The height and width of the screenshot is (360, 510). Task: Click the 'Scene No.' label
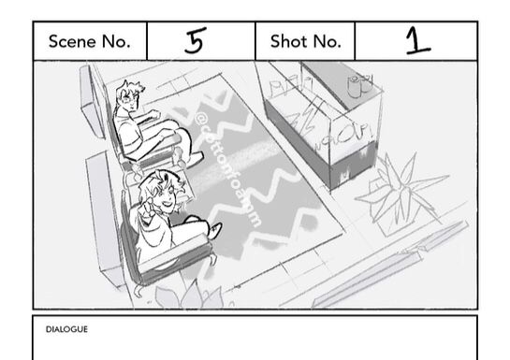point(90,41)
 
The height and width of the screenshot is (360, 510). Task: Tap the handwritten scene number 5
point(196,40)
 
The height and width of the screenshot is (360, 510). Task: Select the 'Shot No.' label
point(306,41)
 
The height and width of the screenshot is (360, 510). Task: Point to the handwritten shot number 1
point(417,40)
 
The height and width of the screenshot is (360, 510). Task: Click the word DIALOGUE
point(66,329)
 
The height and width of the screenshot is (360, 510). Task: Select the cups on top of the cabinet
point(359,85)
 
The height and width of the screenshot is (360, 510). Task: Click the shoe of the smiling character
point(215,230)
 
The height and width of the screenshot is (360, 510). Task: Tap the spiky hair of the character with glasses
point(130,87)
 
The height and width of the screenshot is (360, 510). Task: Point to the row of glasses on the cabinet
point(287,85)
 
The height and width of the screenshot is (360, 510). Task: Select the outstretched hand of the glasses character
point(154,114)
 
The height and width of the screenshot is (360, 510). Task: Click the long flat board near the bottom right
point(390,266)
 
